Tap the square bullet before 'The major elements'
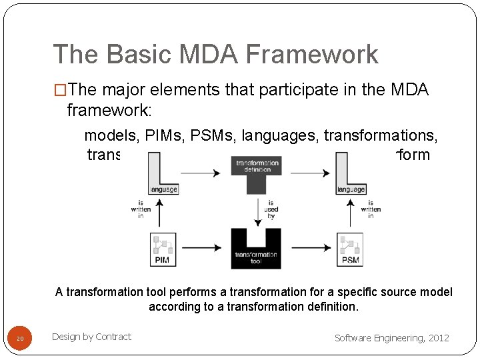(60, 91)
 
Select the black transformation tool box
(257, 249)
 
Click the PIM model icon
(162, 249)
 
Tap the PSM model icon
(349, 249)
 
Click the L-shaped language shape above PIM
(162, 173)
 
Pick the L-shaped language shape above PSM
(349, 173)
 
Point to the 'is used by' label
(271, 209)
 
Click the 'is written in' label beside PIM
(141, 209)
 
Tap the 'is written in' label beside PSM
(370, 209)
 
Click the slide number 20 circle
(20, 339)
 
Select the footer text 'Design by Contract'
(91, 337)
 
